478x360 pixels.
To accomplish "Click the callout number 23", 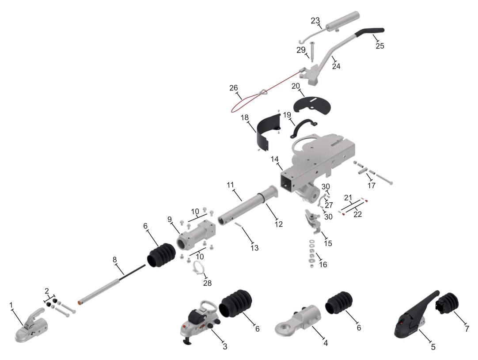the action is (315, 21).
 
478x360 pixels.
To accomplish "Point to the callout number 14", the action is (274, 159).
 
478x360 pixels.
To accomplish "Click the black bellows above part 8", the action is (161, 255).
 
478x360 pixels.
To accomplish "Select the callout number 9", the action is (170, 220).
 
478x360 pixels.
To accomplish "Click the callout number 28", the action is (207, 283).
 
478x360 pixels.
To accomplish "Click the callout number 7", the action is (467, 329).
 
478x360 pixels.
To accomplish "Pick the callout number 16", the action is (323, 265).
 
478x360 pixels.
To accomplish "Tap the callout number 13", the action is (254, 248).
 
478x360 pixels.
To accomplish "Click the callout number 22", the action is (357, 214).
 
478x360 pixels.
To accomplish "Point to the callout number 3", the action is (225, 347).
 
